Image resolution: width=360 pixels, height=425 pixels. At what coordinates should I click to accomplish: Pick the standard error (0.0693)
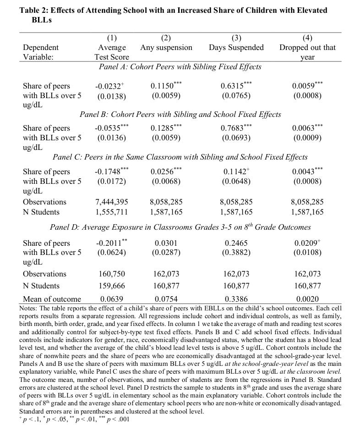[x=236, y=138]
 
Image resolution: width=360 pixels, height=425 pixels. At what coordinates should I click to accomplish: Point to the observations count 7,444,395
[x=112, y=202]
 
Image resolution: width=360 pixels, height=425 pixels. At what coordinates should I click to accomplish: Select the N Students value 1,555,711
[x=112, y=212]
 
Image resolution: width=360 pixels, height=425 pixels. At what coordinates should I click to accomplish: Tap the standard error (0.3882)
[x=236, y=252]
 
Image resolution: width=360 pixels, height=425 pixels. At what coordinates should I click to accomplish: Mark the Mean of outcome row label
[x=52, y=299]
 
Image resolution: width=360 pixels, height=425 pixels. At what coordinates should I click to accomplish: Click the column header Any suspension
[x=166, y=48]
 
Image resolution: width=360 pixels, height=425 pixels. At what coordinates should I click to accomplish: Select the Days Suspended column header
[x=236, y=48]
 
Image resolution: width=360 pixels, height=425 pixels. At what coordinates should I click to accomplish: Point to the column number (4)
[x=307, y=38]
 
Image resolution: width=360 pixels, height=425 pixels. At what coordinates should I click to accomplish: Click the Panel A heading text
[x=180, y=67]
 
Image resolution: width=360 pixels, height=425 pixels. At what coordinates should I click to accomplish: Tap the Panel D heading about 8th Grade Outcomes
[x=180, y=227]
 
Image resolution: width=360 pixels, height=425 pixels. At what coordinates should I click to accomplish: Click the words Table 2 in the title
[x=35, y=10]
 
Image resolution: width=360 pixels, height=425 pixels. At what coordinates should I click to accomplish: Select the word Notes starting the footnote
[x=28, y=308]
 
